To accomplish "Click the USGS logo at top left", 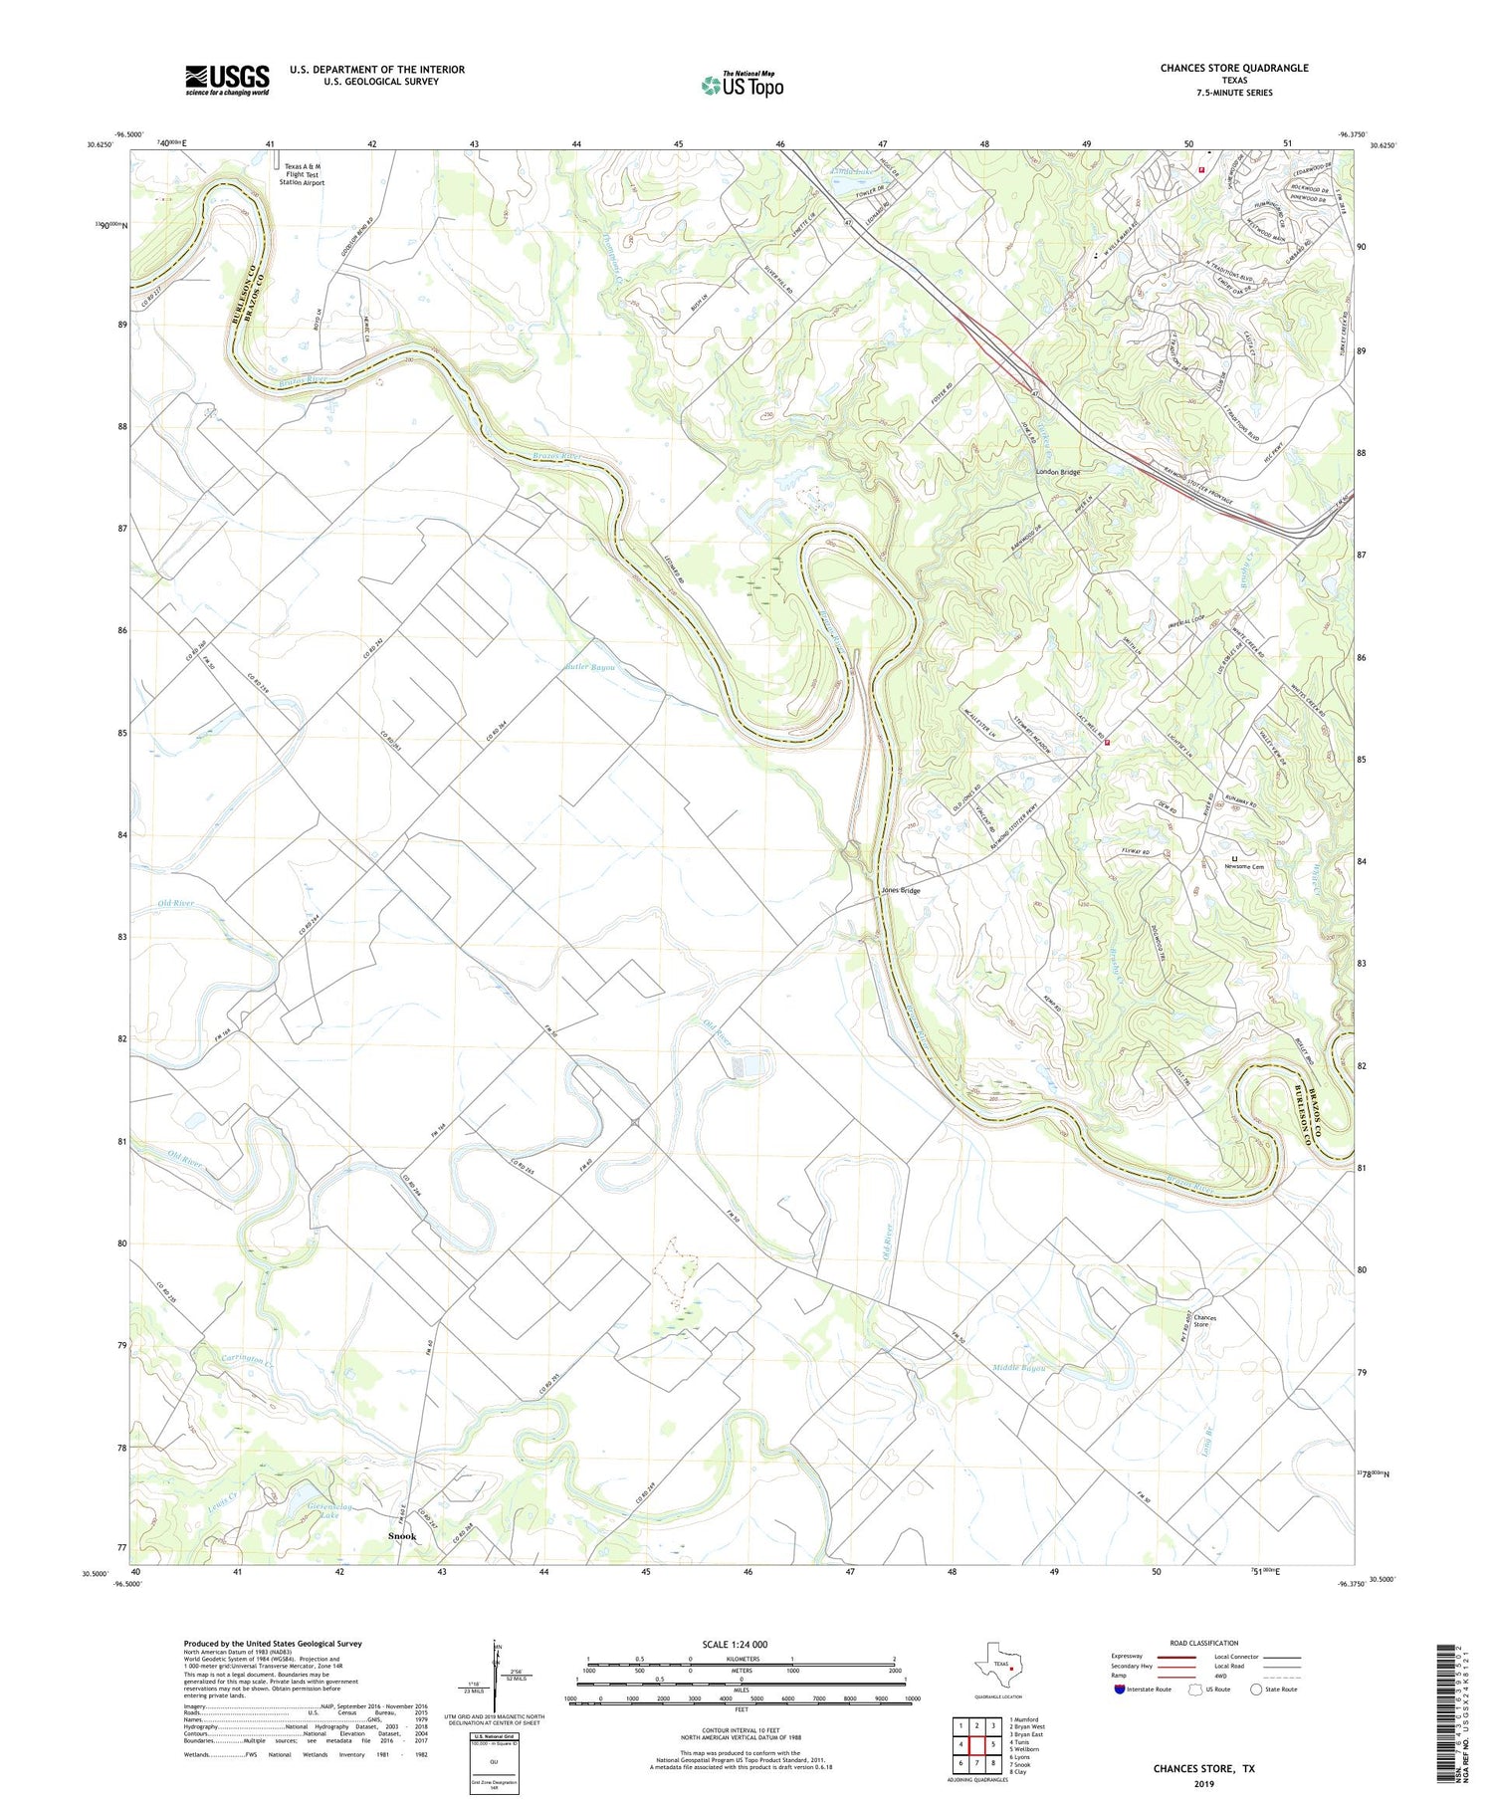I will pyautogui.click(x=227, y=80).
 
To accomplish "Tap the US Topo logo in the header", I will pyautogui.click(x=742, y=86).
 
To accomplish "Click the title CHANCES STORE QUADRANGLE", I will pyautogui.click(x=1233, y=68).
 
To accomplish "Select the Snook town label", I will pyautogui.click(x=401, y=1536).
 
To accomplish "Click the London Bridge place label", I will pyautogui.click(x=1057, y=472).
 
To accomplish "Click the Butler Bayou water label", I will pyautogui.click(x=597, y=667).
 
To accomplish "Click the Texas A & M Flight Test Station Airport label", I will pyautogui.click(x=303, y=174).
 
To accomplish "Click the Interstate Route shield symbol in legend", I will pyautogui.click(x=1120, y=1690).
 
